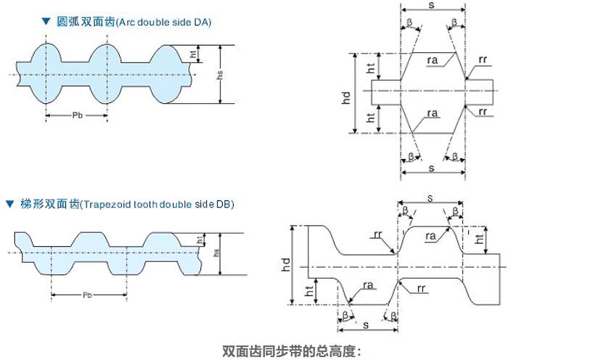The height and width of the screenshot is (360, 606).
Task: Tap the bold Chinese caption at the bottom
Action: [291, 351]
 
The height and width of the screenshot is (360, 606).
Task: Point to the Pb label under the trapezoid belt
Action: [87, 295]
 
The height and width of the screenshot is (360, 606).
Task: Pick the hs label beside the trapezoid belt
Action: [215, 253]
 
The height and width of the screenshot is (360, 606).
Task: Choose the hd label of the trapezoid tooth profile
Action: [286, 265]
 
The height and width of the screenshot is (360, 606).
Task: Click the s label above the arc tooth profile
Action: [433, 5]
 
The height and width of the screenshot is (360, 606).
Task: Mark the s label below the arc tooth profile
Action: [433, 168]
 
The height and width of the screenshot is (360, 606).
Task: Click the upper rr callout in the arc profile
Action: [483, 59]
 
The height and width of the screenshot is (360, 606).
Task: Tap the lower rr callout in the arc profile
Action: [483, 111]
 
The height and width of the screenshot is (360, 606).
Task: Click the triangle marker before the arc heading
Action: [46, 22]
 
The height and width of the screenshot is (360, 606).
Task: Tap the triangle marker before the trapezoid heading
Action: [9, 204]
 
